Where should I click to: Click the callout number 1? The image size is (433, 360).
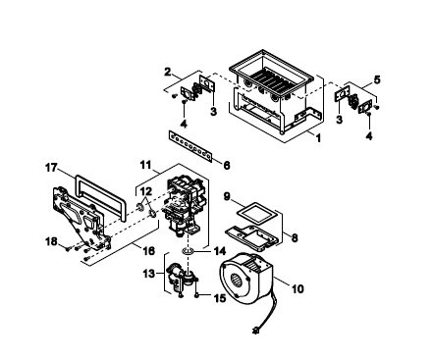point(318,137)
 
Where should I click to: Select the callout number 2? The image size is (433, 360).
point(168,72)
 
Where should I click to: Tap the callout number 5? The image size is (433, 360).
point(377,79)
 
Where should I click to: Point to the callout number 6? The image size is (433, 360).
point(227,166)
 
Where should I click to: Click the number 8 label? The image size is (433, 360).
point(295,237)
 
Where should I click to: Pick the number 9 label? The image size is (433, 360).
point(227,196)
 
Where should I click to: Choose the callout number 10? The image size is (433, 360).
point(298,288)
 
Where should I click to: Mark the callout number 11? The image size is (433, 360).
point(145,165)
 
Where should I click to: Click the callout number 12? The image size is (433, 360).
point(146,190)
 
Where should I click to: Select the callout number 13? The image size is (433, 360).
point(148,273)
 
